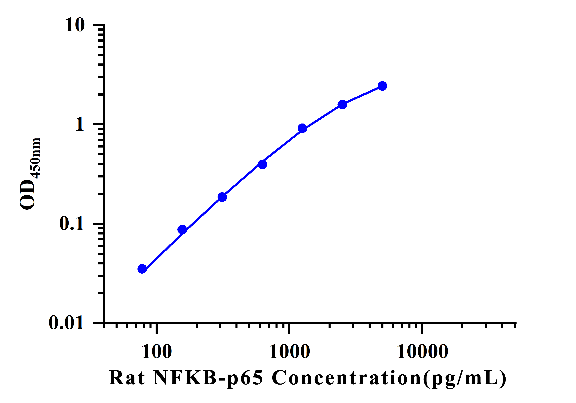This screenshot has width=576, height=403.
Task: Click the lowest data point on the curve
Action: click(x=142, y=269)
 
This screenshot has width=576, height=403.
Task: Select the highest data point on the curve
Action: click(x=382, y=86)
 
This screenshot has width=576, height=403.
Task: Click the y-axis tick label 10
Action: click(x=75, y=25)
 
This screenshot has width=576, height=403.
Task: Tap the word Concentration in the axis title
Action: click(x=346, y=378)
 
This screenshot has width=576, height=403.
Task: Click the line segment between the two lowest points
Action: click(x=162, y=249)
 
